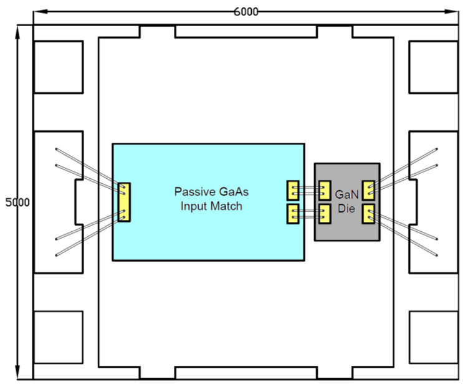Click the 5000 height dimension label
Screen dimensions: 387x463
[x=17, y=203]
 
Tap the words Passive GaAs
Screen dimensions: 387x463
[x=208, y=191]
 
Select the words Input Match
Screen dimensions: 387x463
[x=208, y=206]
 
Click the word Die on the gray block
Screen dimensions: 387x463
[x=346, y=209]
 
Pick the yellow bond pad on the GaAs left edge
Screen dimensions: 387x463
[x=124, y=202]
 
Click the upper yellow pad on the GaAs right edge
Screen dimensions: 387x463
[x=292, y=189]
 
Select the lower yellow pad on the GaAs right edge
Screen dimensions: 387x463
[x=292, y=214]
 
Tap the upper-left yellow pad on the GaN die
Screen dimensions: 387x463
[x=324, y=189]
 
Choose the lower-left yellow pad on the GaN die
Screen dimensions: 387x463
[x=324, y=214]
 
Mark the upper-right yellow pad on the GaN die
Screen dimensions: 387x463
[x=368, y=189]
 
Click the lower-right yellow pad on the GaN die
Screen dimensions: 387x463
[x=368, y=214]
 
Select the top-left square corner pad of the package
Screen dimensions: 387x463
[x=58, y=67]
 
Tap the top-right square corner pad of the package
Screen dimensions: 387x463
[x=432, y=67]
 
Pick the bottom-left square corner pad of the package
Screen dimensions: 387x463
[x=58, y=337]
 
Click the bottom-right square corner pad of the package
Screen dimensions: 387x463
[x=432, y=337]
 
